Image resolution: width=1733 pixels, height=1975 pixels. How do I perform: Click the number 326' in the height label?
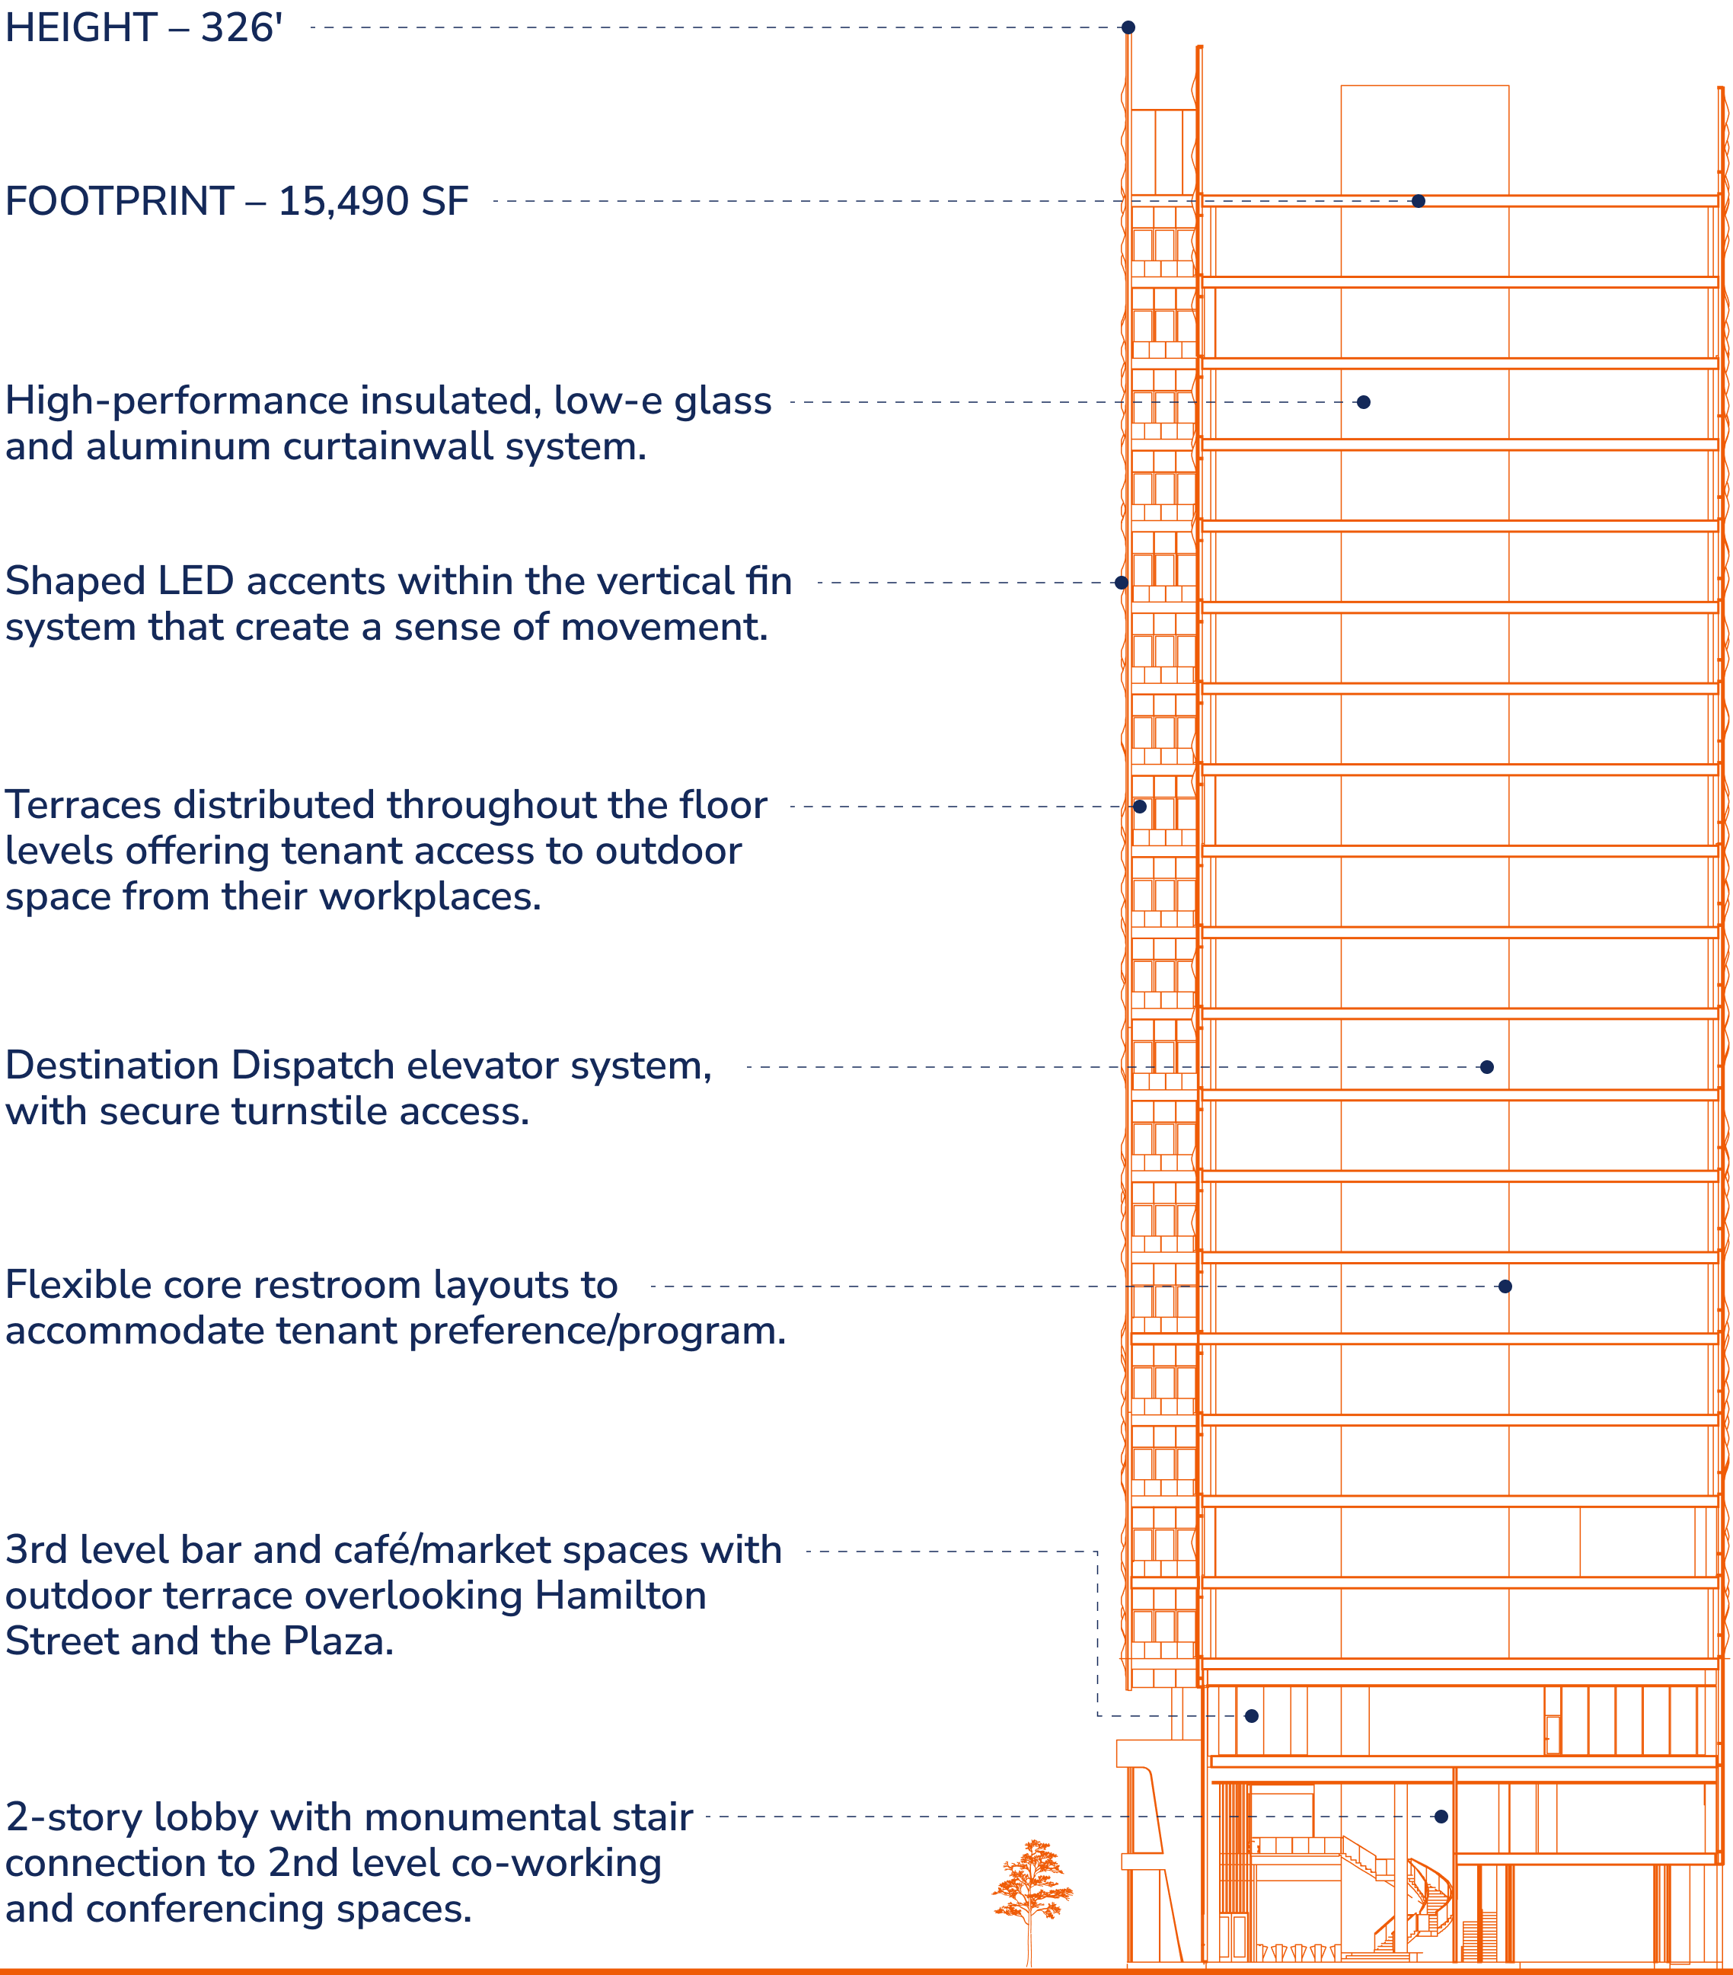pos(241,28)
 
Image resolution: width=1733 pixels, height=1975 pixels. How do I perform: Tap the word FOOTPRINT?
pos(120,202)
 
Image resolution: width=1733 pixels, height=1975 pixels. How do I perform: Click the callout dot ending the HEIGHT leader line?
pos(1128,28)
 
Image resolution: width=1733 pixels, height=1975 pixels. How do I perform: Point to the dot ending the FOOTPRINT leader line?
pos(1418,201)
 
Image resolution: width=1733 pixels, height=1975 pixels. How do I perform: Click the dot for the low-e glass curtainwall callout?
pos(1363,402)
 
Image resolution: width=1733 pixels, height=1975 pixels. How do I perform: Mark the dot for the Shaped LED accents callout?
pos(1122,583)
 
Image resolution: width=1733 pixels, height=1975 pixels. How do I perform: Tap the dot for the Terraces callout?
pos(1140,807)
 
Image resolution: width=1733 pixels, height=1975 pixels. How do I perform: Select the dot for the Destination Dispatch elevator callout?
pos(1486,1067)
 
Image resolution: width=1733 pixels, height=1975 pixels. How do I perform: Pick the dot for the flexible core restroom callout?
pos(1505,1286)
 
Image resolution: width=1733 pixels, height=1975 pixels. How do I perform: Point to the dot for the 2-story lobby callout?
pos(1441,1817)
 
